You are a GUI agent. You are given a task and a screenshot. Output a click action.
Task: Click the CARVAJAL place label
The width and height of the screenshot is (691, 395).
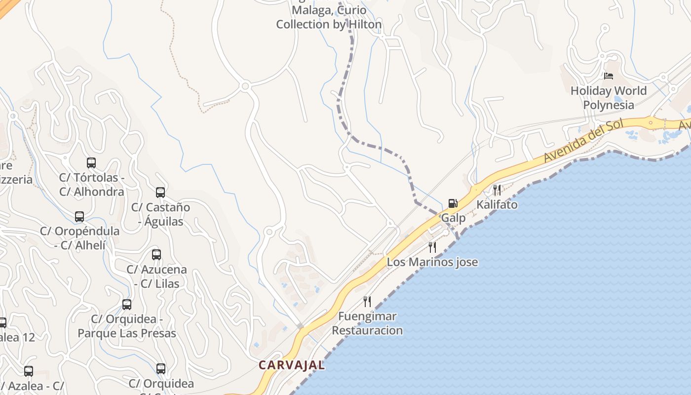coord(292,365)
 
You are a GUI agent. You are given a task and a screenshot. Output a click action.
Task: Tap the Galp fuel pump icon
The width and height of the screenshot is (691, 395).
coord(453,203)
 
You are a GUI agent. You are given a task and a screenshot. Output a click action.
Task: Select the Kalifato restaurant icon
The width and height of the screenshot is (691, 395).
coord(497,190)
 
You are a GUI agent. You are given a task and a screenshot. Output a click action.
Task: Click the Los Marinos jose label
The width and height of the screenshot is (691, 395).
coord(432,262)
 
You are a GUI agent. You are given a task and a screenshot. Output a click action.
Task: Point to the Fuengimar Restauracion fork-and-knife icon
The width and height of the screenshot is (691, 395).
coord(367,301)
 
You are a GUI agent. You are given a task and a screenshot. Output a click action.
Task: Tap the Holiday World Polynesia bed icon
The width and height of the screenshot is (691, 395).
coord(609,76)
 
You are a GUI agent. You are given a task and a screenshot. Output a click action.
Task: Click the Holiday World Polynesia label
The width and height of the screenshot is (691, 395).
coord(608,98)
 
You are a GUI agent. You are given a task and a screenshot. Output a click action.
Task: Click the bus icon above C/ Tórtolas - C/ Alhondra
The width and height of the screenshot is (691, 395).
coord(91,162)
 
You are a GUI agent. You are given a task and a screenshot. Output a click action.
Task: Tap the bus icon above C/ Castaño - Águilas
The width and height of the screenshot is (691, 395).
coord(160,193)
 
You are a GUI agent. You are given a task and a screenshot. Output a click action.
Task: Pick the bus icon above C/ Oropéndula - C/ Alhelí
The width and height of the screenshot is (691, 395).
coord(79,216)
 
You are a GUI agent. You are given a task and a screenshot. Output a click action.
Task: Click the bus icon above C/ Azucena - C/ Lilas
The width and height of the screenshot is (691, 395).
coord(156,255)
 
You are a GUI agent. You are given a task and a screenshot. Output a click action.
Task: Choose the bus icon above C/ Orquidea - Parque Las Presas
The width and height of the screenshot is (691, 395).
coord(127,304)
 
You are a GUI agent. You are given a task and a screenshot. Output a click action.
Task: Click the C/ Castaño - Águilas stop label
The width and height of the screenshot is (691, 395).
coord(160,214)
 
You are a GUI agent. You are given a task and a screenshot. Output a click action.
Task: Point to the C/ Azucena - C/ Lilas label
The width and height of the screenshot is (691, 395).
coord(156,276)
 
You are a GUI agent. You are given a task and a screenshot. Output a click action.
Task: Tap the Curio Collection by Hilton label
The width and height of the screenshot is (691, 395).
coord(329,17)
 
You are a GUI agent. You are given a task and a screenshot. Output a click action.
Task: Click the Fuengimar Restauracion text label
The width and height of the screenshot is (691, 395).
coord(367,323)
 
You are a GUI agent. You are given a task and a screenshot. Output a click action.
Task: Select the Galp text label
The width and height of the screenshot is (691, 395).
coord(453,218)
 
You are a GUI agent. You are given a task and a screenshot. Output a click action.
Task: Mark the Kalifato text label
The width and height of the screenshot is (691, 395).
coord(497,204)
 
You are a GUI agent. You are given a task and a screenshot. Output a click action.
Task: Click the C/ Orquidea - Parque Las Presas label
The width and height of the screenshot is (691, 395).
coord(127,326)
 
